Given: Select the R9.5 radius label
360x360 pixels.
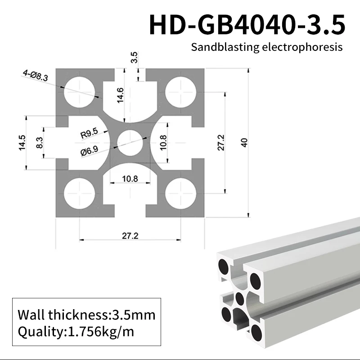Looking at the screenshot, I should click(x=89, y=134).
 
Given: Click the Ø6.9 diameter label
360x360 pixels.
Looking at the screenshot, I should click(x=89, y=152).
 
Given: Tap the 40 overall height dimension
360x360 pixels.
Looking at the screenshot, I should click(x=244, y=143).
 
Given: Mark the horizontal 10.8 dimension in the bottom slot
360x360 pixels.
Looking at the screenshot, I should click(x=130, y=179).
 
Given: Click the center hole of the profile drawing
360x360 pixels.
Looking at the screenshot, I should click(x=130, y=143).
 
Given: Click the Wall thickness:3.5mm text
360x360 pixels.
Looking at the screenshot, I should click(x=86, y=314).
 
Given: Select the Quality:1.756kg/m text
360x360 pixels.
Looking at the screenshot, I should click(x=76, y=332).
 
